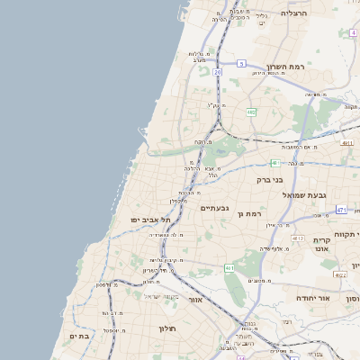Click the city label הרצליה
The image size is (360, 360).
click(294, 13)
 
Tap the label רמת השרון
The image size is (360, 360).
click(287, 67)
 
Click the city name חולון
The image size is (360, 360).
click(167, 328)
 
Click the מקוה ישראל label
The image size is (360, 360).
click(163, 297)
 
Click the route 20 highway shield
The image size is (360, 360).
click(218, 70)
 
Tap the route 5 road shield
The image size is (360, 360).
click(242, 63)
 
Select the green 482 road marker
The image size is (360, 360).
click(251, 112)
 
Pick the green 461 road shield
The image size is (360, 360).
click(229, 267)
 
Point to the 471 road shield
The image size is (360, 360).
click(341, 209)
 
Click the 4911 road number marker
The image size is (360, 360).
click(347, 142)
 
